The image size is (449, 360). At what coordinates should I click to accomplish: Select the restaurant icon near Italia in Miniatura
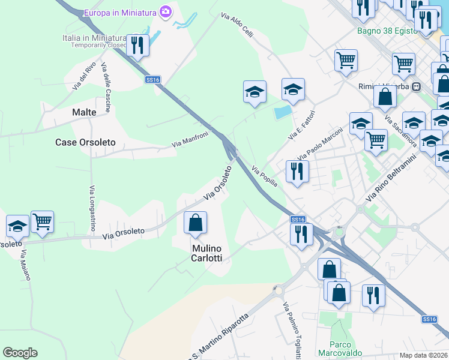click(138, 45)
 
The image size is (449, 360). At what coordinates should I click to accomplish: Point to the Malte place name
click(84, 112)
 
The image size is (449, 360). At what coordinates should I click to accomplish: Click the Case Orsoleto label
click(85, 143)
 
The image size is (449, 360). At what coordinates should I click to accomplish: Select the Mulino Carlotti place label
click(207, 253)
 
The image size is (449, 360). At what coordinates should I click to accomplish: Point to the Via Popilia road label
click(264, 176)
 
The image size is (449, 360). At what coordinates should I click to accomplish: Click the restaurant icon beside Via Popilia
click(297, 172)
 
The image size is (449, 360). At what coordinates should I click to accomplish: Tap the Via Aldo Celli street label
click(237, 26)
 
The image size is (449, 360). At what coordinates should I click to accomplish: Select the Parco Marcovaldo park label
click(340, 349)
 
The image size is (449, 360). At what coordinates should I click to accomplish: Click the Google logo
click(20, 353)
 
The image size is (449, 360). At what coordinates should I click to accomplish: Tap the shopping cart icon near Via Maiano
click(43, 222)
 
